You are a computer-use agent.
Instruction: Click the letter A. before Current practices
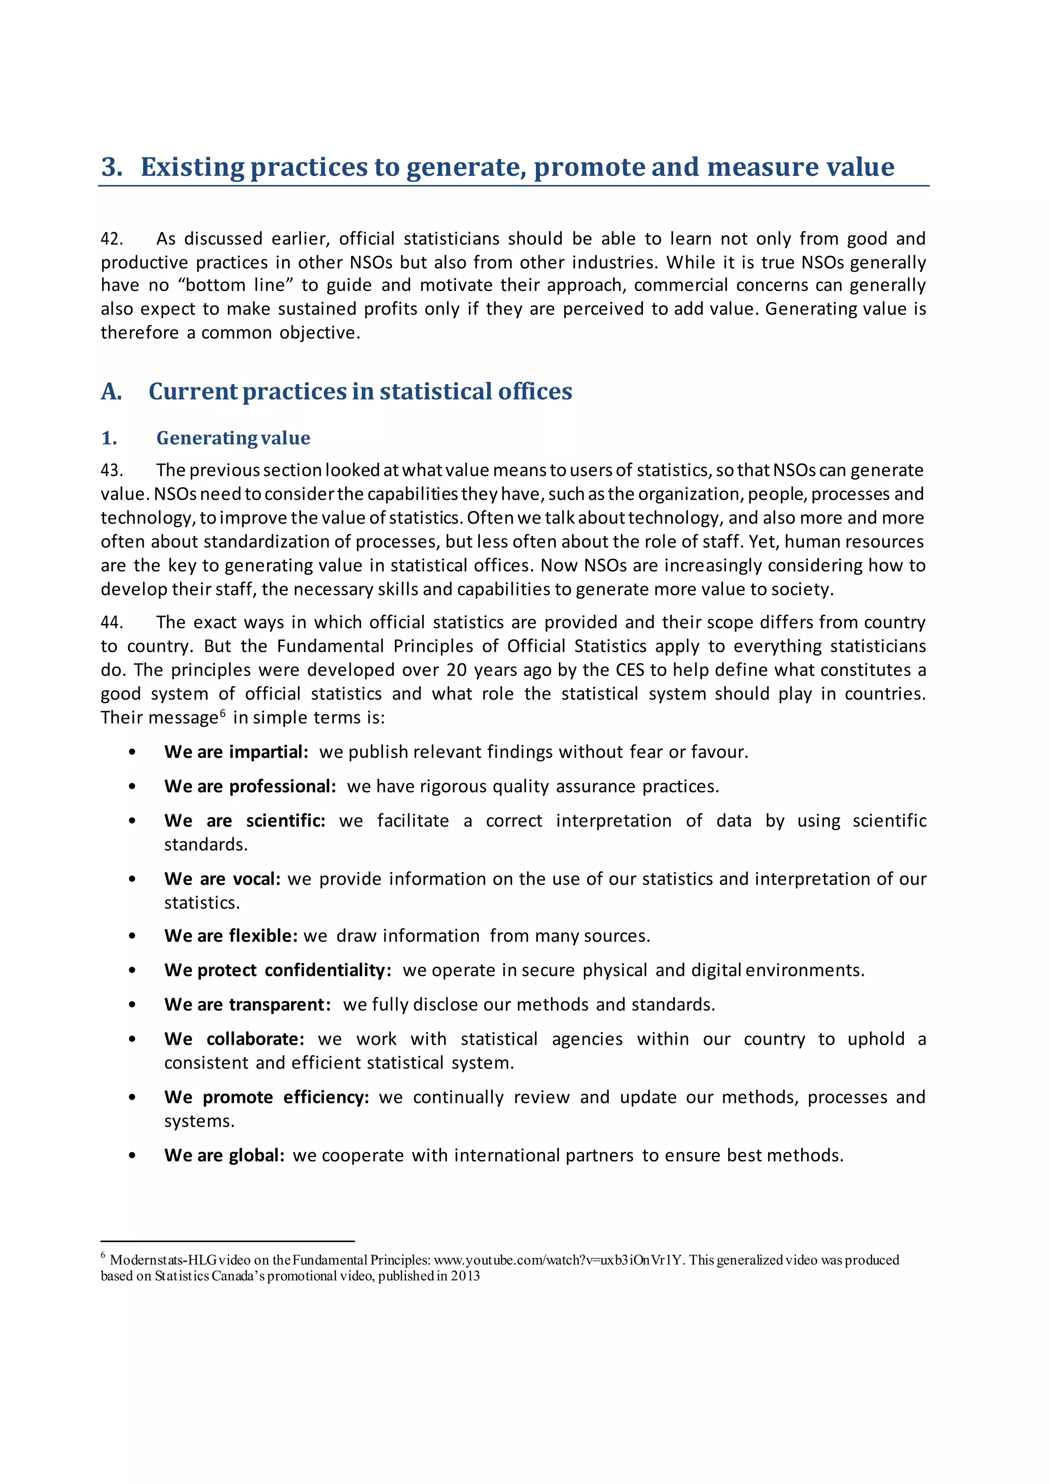111,391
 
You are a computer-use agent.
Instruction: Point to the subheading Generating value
233,438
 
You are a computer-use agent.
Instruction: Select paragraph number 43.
111,470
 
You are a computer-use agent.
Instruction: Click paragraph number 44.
111,623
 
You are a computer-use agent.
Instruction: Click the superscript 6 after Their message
223,713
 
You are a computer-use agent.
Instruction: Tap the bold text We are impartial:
236,752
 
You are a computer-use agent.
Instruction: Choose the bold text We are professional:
250,787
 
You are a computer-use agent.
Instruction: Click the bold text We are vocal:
222,879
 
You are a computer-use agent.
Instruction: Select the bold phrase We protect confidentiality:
277,970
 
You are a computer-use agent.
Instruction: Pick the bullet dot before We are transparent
133,1005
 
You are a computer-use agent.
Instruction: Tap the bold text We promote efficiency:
266,1098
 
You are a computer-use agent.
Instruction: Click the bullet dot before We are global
133,1156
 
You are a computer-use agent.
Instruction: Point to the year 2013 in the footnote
466,1276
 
